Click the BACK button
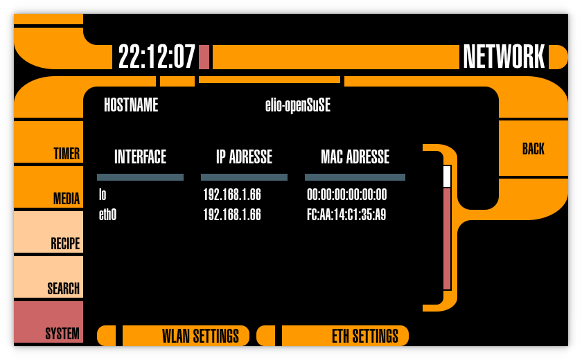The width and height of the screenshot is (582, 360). [x=533, y=149]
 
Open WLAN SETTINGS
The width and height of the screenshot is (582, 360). [x=186, y=336]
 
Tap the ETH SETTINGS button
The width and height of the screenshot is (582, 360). [x=345, y=336]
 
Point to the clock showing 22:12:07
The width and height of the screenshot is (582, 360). [x=157, y=57]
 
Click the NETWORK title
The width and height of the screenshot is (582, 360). [x=504, y=57]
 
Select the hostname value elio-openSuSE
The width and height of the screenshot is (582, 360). [x=297, y=105]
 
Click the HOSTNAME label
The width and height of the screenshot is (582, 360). [x=131, y=105]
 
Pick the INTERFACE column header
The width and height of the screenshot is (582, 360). [x=140, y=157]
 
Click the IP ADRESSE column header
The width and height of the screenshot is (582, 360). [x=244, y=157]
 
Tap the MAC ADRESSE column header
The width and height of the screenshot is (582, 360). [x=355, y=157]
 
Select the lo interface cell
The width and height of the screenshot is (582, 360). [x=103, y=195]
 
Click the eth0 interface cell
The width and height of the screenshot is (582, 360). [x=107, y=215]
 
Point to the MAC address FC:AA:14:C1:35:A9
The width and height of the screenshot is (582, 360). [x=346, y=215]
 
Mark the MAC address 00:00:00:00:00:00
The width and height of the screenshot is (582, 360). [x=346, y=195]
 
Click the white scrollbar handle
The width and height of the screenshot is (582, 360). [x=447, y=177]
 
